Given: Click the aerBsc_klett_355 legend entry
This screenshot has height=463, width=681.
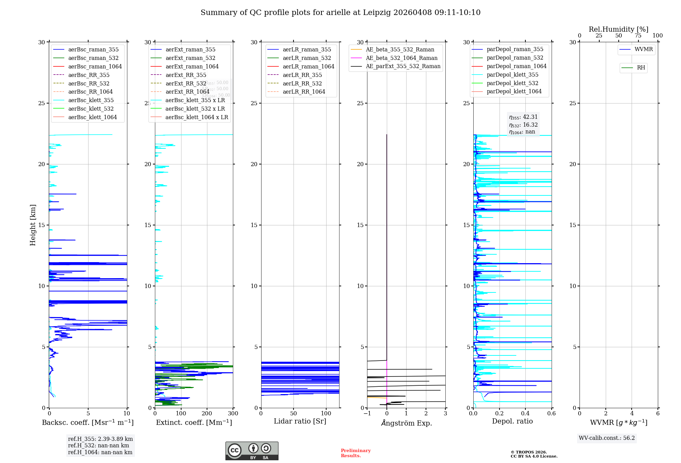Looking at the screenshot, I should [91, 100].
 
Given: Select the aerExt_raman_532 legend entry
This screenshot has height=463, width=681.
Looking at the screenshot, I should [190, 58].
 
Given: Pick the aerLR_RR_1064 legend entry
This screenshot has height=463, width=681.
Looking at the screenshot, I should [303, 92].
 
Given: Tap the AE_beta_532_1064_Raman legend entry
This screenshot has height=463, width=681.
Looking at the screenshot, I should [401, 58].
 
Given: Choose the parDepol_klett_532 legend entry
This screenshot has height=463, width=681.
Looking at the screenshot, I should [512, 83].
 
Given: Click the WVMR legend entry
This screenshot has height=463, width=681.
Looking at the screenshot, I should [643, 50].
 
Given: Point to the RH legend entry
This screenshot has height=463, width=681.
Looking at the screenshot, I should [640, 68].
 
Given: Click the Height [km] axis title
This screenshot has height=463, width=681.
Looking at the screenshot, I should [33, 225].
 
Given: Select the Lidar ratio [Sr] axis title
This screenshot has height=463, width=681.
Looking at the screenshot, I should [300, 421].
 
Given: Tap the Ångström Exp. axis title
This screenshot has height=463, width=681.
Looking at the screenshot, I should [406, 423].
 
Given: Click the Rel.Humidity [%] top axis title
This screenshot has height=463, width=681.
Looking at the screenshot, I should [618, 29].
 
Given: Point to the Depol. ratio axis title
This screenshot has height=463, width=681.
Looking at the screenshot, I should [512, 421].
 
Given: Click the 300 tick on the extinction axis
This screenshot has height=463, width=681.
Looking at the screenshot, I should [233, 414].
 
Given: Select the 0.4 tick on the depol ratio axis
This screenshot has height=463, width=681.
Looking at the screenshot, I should [525, 414].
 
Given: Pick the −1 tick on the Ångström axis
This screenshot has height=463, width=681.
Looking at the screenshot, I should [367, 414].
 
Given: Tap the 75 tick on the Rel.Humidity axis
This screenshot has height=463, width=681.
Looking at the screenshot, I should [638, 36].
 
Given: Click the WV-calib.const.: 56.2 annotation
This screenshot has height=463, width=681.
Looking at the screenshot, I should [607, 438].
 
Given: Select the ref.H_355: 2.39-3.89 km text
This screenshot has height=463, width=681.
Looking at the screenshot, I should [100, 439].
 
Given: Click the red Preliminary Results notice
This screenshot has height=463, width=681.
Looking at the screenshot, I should [355, 453].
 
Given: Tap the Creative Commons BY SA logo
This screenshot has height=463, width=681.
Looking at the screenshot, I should [252, 451].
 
